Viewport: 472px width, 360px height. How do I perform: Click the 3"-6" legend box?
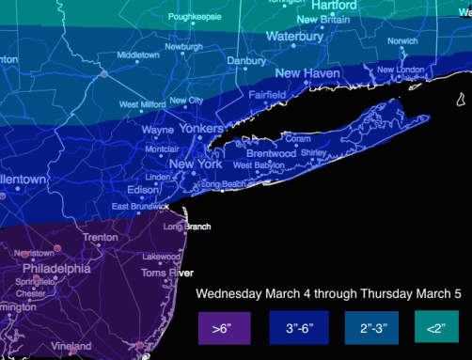pyautogui.click(x=299, y=329)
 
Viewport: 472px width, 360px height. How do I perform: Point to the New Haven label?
pyautogui.click(x=307, y=73)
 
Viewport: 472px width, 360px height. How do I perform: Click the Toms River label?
pyautogui.click(x=160, y=273)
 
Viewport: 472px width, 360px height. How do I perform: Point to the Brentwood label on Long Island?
pyautogui.click(x=272, y=153)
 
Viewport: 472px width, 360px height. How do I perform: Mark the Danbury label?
pyautogui.click(x=246, y=61)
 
